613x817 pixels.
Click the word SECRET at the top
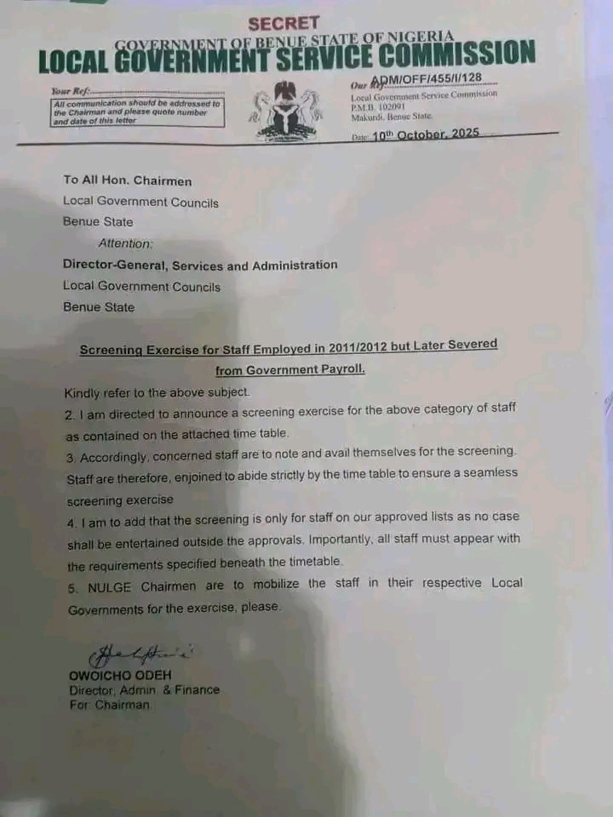point(284,24)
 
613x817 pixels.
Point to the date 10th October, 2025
point(426,134)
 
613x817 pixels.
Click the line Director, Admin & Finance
point(144,690)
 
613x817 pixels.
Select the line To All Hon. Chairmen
point(127,180)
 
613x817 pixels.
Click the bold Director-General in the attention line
point(115,265)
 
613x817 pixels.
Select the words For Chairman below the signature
point(109,705)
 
